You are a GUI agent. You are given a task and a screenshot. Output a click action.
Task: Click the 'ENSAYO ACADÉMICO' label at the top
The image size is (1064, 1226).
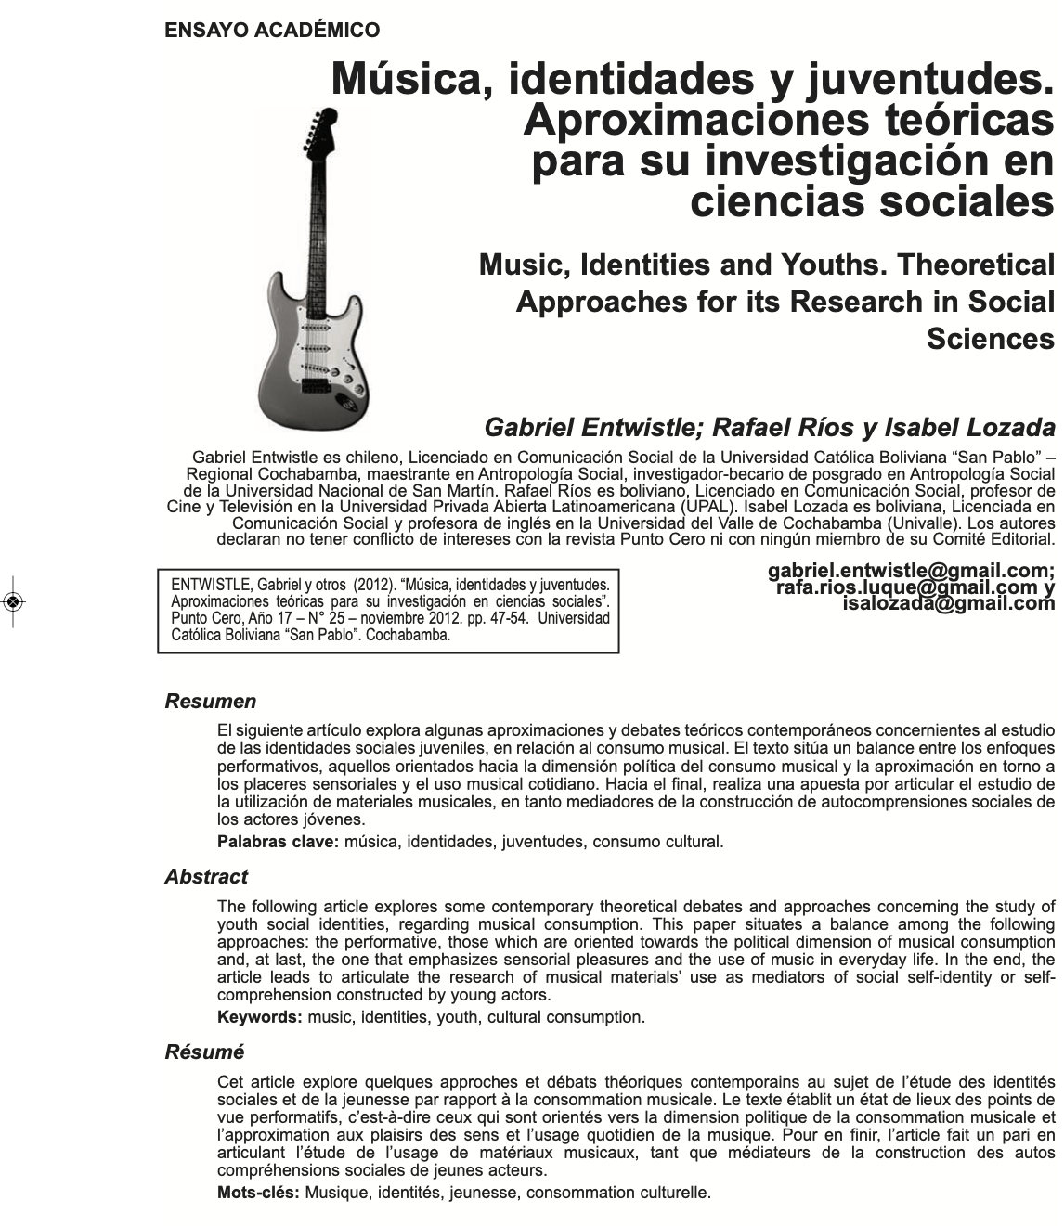coord(272,31)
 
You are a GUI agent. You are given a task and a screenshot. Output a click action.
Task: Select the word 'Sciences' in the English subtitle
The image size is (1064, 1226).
coord(990,339)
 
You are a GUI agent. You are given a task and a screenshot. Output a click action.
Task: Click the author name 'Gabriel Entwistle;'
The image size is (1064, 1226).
coord(590,428)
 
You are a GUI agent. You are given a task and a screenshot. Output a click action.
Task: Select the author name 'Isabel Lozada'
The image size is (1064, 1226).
coord(969,428)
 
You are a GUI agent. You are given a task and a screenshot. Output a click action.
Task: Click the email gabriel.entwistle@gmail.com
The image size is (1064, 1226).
coord(911,570)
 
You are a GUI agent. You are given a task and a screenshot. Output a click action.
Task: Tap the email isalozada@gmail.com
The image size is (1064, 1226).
coord(948,603)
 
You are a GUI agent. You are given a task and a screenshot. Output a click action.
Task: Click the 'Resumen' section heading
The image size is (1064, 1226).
coord(211,702)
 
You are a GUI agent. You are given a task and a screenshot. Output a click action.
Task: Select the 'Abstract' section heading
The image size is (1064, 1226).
coord(206,877)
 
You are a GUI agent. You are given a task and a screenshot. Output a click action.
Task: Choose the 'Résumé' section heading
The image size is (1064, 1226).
coord(204,1052)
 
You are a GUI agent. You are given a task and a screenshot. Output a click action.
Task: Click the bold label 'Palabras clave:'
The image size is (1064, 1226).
coord(279,842)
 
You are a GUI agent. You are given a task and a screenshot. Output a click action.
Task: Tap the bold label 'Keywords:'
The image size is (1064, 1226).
coord(260,1017)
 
